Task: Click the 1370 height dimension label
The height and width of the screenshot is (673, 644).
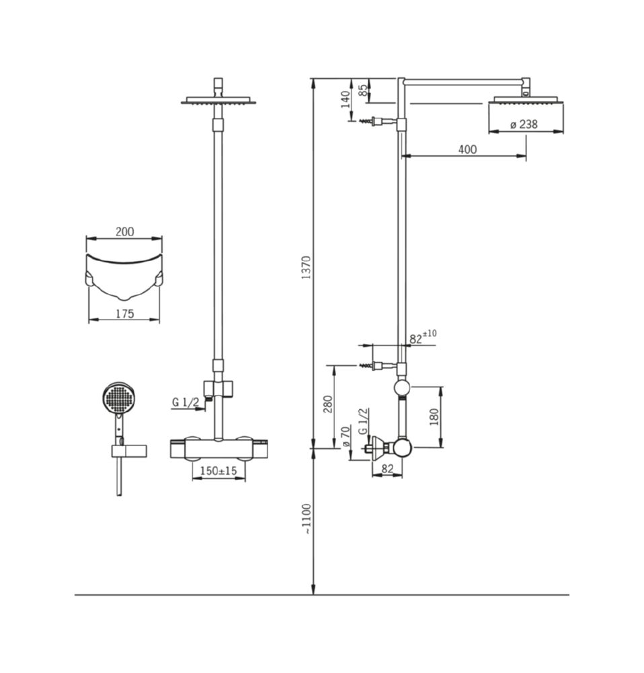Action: coord(306,267)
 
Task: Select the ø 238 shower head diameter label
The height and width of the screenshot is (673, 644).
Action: coord(524,125)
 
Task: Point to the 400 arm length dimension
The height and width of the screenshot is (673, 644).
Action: coord(467,149)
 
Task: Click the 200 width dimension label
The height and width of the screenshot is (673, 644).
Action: coord(125,232)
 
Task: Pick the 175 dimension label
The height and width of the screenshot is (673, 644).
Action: coord(125,314)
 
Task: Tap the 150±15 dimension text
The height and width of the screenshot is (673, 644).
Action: coord(218,471)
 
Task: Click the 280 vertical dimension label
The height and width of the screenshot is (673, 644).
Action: coord(328,404)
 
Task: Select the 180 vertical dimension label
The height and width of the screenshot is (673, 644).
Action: coord(434,417)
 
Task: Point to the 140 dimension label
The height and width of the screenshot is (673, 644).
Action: coord(346,100)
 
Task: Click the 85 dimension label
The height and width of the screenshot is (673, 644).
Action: coord(363,90)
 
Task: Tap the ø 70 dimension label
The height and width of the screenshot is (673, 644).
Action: coord(346,437)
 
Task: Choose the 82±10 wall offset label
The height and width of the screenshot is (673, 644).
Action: coord(423,337)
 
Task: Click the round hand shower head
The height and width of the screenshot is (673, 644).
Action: coord(119,398)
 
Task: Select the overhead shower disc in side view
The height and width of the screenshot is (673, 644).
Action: coord(526,100)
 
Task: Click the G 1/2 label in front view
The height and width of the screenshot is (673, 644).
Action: coord(186,402)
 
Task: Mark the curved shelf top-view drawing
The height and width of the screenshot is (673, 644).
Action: coord(124,277)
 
